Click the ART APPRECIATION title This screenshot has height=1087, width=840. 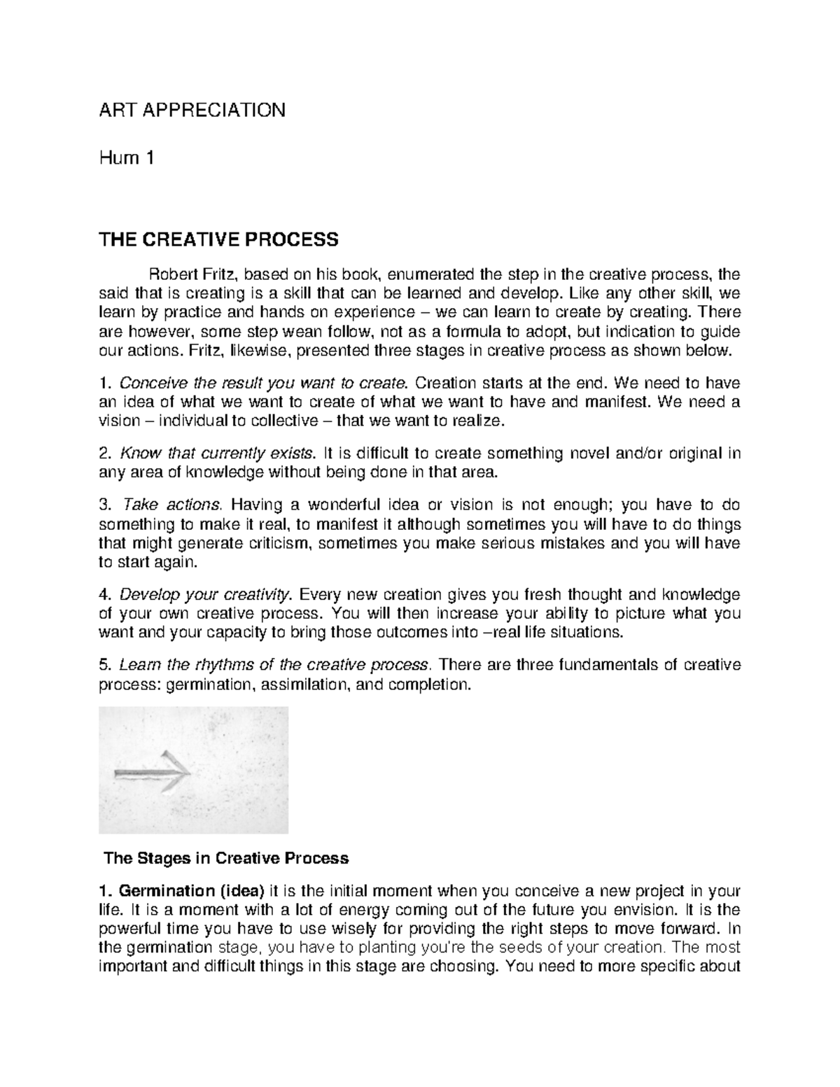click(192, 110)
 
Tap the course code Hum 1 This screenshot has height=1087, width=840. click(126, 158)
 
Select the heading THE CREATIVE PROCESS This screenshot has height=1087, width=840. click(219, 240)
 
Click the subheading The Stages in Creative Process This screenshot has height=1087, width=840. click(226, 858)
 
